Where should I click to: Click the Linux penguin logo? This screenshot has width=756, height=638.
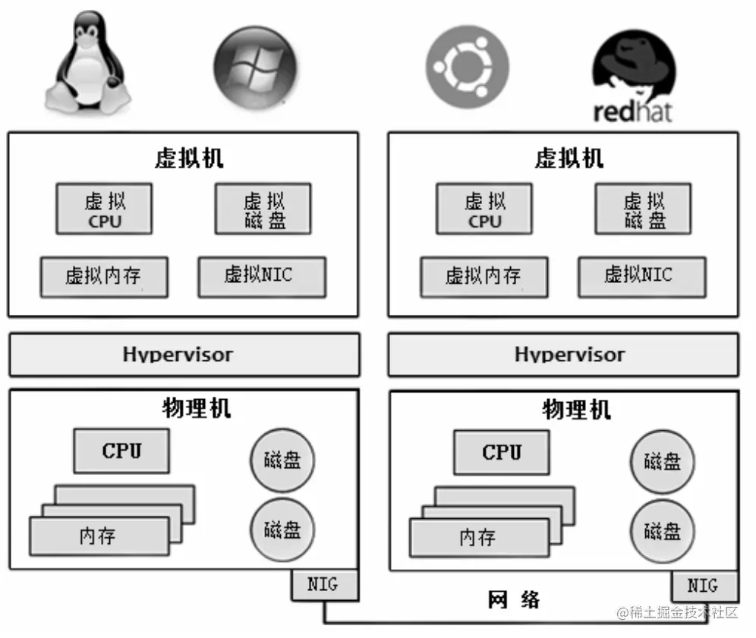pos(88,63)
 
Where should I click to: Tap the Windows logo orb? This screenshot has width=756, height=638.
pos(255,68)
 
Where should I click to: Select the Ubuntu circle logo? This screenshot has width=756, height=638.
pos(468,67)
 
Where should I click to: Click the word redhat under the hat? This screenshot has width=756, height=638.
pos(632,112)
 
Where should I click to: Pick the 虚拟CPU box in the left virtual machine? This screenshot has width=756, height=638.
pos(104,209)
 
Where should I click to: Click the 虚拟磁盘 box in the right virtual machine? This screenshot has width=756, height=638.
pos(643,209)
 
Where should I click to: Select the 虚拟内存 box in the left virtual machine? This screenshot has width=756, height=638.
pos(104,277)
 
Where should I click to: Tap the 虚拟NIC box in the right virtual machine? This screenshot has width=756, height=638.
pos(642,277)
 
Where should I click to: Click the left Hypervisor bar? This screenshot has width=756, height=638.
pos(184,354)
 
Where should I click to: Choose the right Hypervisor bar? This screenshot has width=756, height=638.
pos(563,354)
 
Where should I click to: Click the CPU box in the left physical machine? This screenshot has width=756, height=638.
pos(121,451)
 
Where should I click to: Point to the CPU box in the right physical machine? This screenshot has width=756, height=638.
pos(502,452)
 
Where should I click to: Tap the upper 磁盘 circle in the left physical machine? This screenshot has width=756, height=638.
pos(282,460)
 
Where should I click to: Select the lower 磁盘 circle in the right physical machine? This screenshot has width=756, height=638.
pos(663,532)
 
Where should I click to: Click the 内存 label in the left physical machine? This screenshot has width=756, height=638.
pos(97,536)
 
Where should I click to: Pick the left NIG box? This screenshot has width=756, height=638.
pos(325,585)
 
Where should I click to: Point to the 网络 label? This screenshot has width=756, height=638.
pos(513,600)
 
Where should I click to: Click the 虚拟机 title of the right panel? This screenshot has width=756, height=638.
pos(569,158)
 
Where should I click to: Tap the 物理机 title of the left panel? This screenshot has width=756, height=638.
pos(197,408)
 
